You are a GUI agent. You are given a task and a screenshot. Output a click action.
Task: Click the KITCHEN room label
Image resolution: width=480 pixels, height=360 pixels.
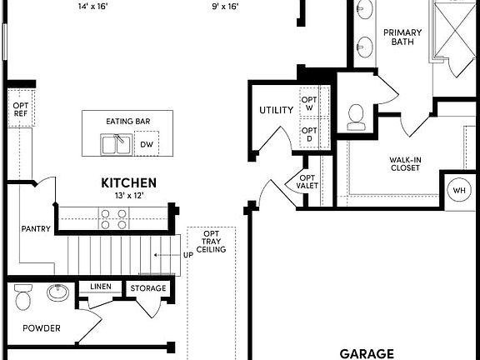[128, 182]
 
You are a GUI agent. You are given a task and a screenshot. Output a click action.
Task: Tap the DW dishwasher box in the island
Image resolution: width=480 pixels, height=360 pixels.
[146, 145]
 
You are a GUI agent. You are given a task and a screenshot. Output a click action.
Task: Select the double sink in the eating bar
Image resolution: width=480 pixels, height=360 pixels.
[116, 145]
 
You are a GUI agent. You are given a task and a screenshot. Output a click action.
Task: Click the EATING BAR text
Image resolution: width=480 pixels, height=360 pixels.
[127, 122]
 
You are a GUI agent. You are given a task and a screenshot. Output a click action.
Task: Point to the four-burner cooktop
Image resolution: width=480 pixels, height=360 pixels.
[113, 218]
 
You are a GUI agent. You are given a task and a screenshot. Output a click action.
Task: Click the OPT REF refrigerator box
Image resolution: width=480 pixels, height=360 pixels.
[21, 110]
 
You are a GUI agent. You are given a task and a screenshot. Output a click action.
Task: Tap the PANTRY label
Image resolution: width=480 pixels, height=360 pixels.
[36, 229]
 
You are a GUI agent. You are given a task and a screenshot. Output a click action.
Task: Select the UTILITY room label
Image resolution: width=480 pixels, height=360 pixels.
[276, 110]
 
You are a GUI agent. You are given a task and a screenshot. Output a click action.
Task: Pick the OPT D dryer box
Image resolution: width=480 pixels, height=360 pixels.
[309, 135]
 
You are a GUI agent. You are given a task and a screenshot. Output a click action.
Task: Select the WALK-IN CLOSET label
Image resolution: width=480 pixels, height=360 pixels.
[404, 163]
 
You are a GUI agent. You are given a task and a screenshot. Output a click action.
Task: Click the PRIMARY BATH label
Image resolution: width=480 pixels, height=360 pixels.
[402, 38]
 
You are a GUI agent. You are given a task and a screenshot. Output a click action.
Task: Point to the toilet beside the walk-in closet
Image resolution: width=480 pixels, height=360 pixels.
[357, 116]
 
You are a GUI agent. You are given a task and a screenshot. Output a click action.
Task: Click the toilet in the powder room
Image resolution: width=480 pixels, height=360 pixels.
[23, 296]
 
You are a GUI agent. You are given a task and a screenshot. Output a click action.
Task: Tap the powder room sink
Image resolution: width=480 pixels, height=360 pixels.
[57, 292]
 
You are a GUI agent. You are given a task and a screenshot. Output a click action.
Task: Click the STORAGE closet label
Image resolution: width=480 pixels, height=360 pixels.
[148, 288]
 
